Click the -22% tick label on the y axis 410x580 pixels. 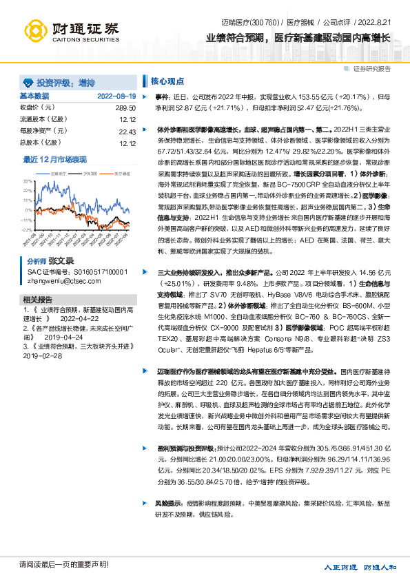(x=28, y=229)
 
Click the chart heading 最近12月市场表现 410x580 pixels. (x=55, y=159)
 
